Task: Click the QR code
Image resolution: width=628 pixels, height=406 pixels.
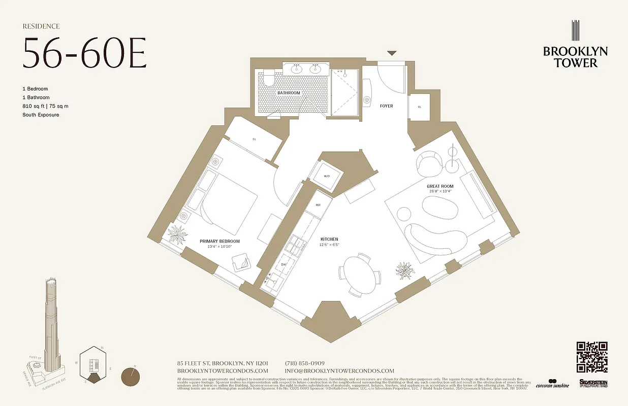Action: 592,357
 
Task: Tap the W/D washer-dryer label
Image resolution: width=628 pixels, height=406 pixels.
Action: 327,176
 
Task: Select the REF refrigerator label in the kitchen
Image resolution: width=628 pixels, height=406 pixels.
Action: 318,205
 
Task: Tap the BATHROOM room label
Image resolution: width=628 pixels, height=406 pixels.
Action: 289,93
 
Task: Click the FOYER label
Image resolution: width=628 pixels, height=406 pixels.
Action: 386,106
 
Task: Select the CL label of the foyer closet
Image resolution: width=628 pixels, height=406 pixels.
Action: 419,107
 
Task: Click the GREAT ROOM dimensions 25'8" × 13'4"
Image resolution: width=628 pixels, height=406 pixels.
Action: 439,191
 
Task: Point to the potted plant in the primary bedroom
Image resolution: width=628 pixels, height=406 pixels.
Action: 178,234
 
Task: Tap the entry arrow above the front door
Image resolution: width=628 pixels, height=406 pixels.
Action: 391,53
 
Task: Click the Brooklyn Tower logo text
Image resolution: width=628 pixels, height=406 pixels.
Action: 575,57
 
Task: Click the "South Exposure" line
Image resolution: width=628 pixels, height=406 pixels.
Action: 41,115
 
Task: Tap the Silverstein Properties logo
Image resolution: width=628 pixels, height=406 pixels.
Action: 593,383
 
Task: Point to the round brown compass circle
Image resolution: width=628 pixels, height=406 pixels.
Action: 132,378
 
